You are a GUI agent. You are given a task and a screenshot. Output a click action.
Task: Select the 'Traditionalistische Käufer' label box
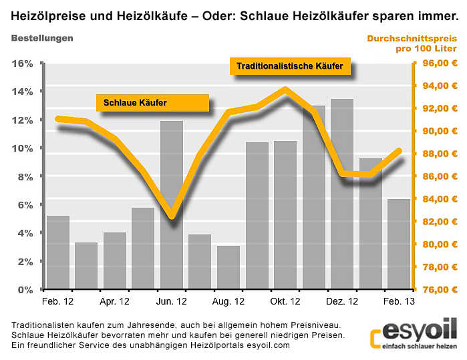coord(290,66)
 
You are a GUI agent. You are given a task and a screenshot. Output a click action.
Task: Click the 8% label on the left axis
coord(24,176)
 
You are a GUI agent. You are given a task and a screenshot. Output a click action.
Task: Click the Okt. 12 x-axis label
coord(285,302)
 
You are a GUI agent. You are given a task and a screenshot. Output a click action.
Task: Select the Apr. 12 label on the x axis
coord(115,302)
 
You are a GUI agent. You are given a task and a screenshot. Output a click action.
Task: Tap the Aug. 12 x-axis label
coord(228,302)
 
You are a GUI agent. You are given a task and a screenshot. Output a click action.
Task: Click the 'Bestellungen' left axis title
coord(42,38)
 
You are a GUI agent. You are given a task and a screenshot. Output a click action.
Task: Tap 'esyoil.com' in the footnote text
coord(268,345)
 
